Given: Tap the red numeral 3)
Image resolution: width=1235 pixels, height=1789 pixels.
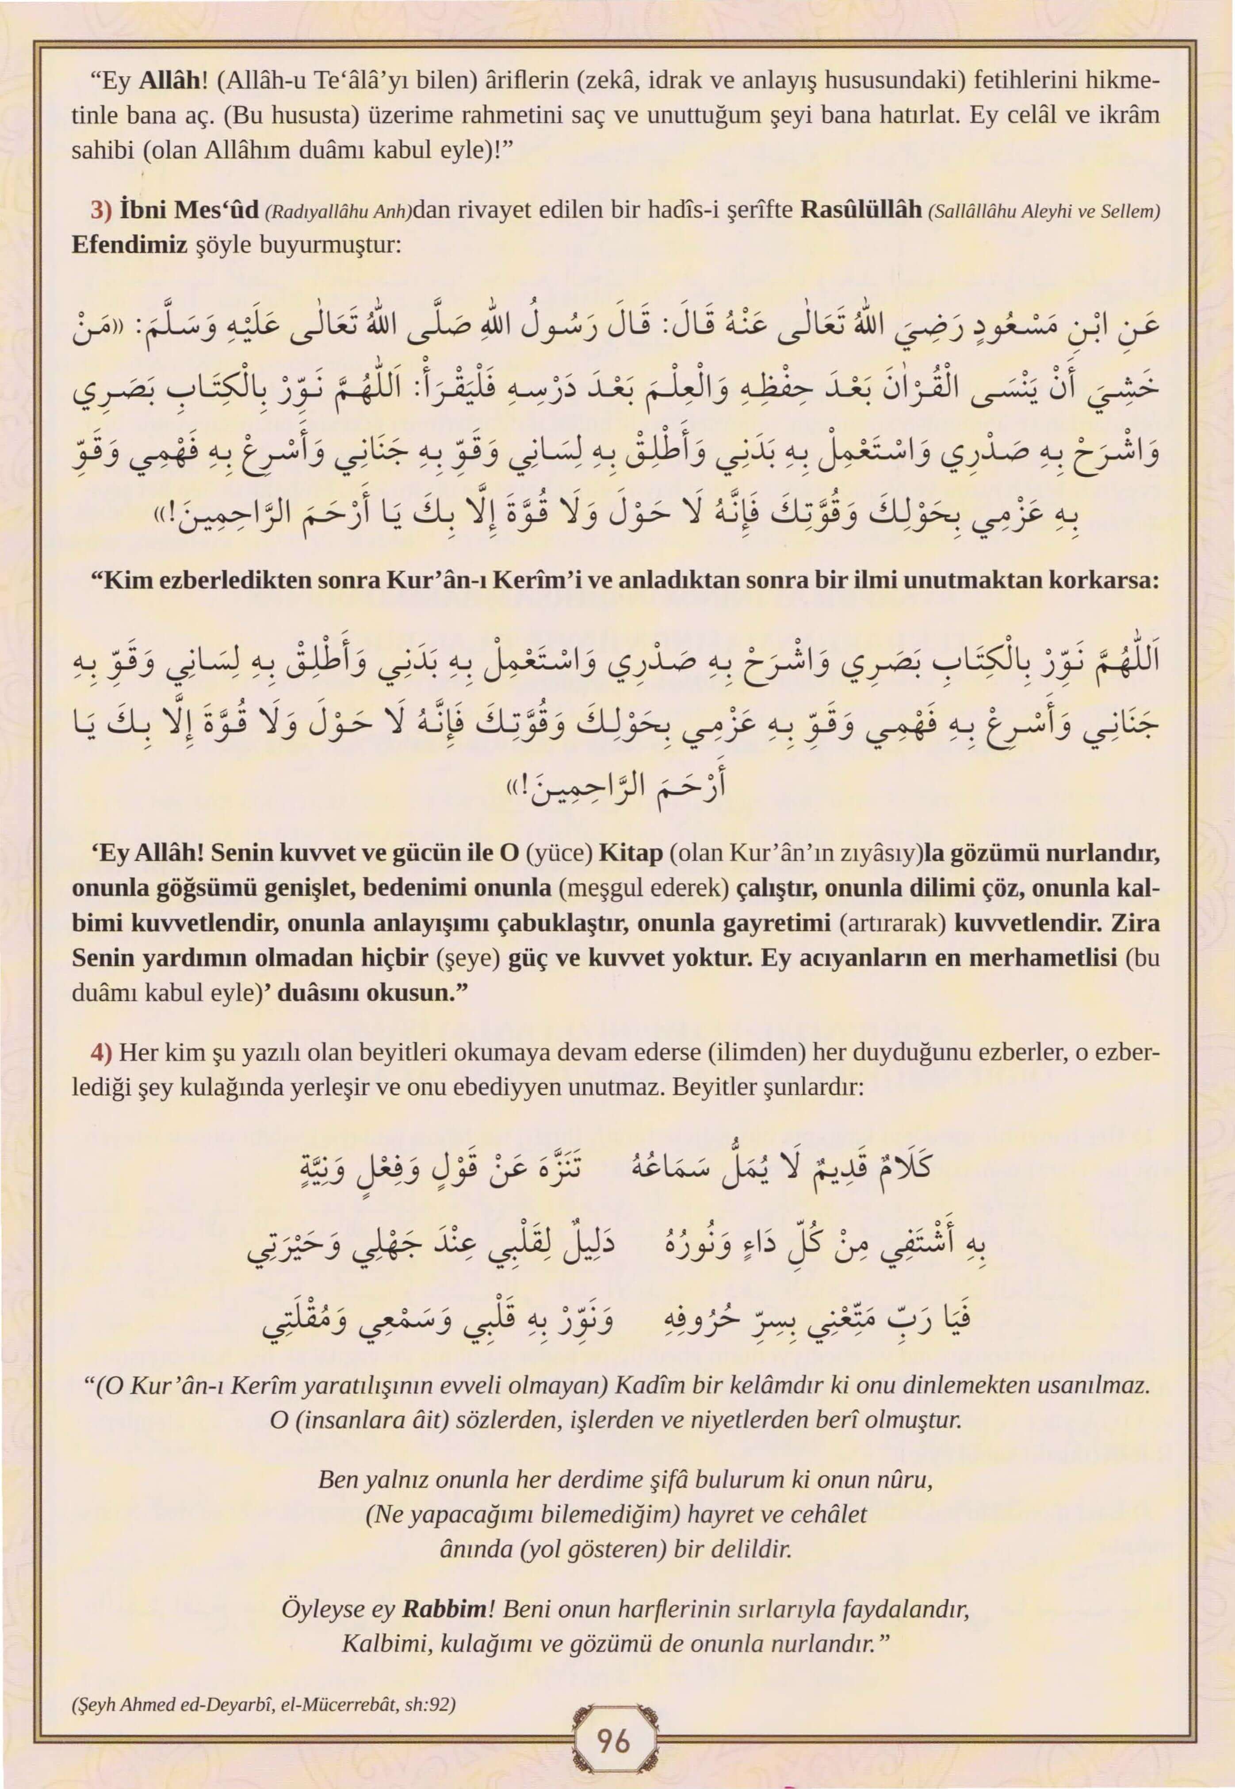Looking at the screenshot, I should (x=102, y=210).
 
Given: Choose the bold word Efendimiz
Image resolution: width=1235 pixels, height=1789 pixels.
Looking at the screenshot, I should (x=129, y=245).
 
